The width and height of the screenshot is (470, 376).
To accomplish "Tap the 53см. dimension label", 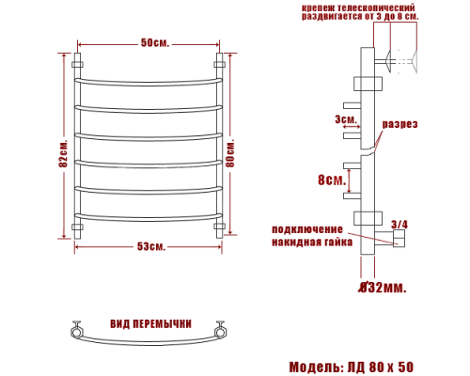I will [x=150, y=246].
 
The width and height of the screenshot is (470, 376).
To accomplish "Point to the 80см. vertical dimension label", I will [x=243, y=150].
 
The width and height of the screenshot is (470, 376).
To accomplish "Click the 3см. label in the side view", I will [x=344, y=119].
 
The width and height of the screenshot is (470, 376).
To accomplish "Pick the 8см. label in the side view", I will [x=330, y=180].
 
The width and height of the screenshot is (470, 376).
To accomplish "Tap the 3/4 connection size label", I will [x=399, y=224].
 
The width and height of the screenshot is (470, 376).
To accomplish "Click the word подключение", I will [x=307, y=229].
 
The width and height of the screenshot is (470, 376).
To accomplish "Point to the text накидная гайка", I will [x=312, y=242].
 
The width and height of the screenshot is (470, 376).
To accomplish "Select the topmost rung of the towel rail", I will [x=149, y=82].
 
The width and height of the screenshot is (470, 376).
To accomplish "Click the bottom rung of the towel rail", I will [x=149, y=218].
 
